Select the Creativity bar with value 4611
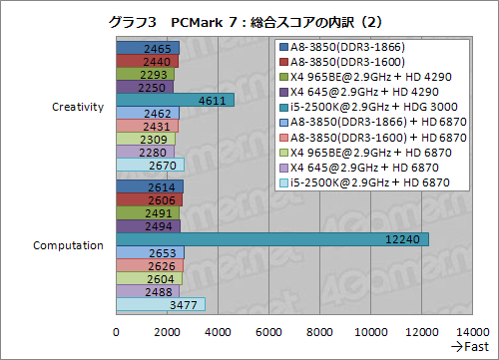click(175, 100)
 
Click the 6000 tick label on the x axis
click(269, 331)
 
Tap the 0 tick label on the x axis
click(117, 331)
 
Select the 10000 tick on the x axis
click(372, 331)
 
